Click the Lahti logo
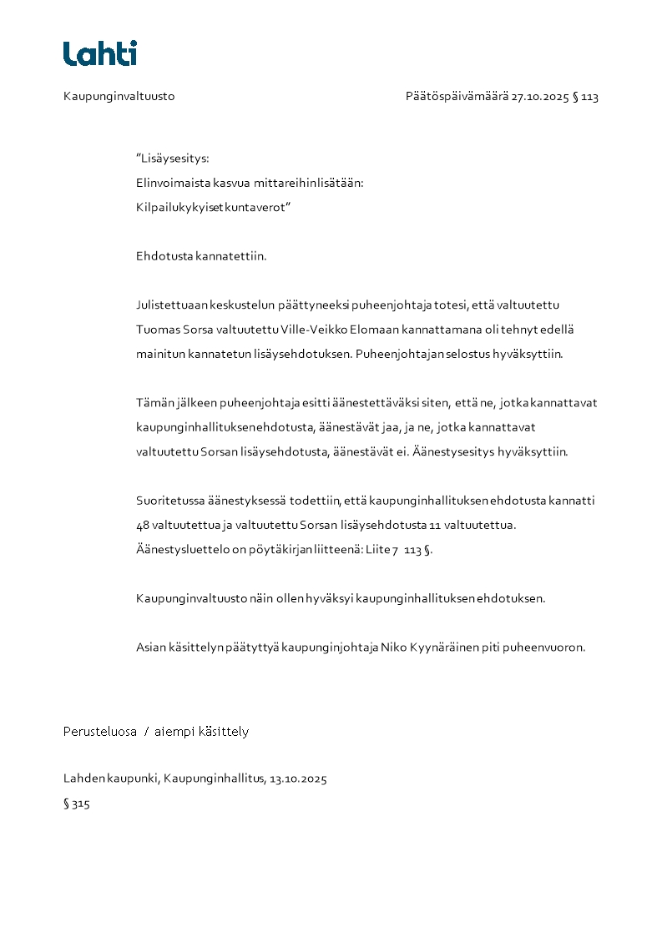click(100, 53)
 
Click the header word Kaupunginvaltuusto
click(119, 97)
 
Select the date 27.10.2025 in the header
click(540, 97)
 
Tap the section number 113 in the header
click(589, 97)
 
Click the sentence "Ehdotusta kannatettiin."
click(201, 256)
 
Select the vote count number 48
click(143, 526)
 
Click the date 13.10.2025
click(298, 779)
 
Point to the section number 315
click(80, 804)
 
